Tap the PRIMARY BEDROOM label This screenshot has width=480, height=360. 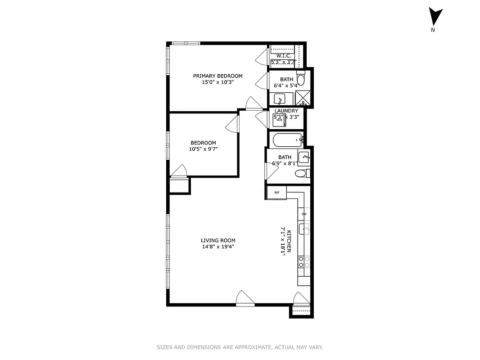[x=217, y=76]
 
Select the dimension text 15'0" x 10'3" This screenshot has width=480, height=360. [x=217, y=82]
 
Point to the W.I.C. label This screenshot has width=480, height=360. [x=283, y=56]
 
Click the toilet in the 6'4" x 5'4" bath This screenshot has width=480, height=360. [x=301, y=80]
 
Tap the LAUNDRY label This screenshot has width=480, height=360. [x=286, y=111]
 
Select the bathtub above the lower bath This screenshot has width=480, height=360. [x=287, y=140]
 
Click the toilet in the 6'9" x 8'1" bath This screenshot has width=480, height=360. [x=301, y=173]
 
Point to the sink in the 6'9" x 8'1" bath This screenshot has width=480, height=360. [x=305, y=157]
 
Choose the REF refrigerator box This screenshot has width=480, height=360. [x=276, y=193]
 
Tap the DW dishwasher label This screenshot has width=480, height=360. [x=304, y=214]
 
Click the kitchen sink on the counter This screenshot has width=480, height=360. [x=304, y=229]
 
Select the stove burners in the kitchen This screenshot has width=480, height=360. [x=304, y=262]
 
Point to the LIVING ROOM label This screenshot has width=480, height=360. [x=218, y=240]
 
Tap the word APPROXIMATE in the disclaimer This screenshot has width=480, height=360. [x=253, y=347]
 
